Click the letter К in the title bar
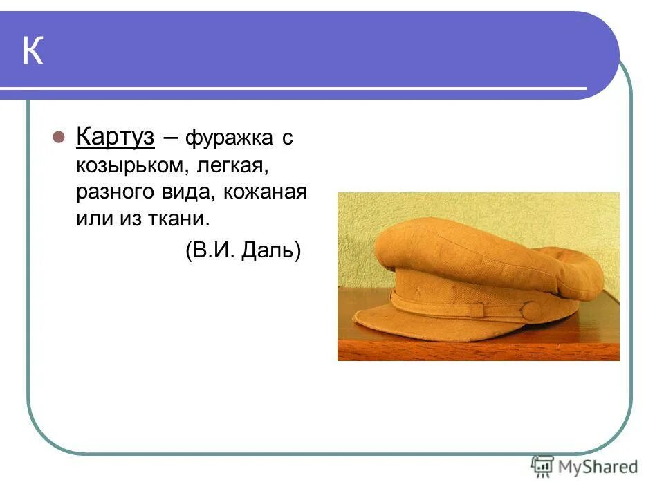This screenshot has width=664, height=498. pyautogui.click(x=33, y=52)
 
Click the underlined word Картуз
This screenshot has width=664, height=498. pyautogui.click(x=115, y=137)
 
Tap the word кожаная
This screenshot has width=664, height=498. pyautogui.click(x=266, y=192)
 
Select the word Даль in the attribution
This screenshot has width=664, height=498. pyautogui.click(x=271, y=250)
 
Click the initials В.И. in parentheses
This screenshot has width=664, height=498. pyautogui.click(x=211, y=250)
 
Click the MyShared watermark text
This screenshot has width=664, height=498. pyautogui.click(x=598, y=467)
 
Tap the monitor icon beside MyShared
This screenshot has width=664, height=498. pyautogui.click(x=543, y=466)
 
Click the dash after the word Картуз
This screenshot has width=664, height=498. pyautogui.click(x=170, y=138)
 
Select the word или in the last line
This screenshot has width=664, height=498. pyautogui.click(x=93, y=219)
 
